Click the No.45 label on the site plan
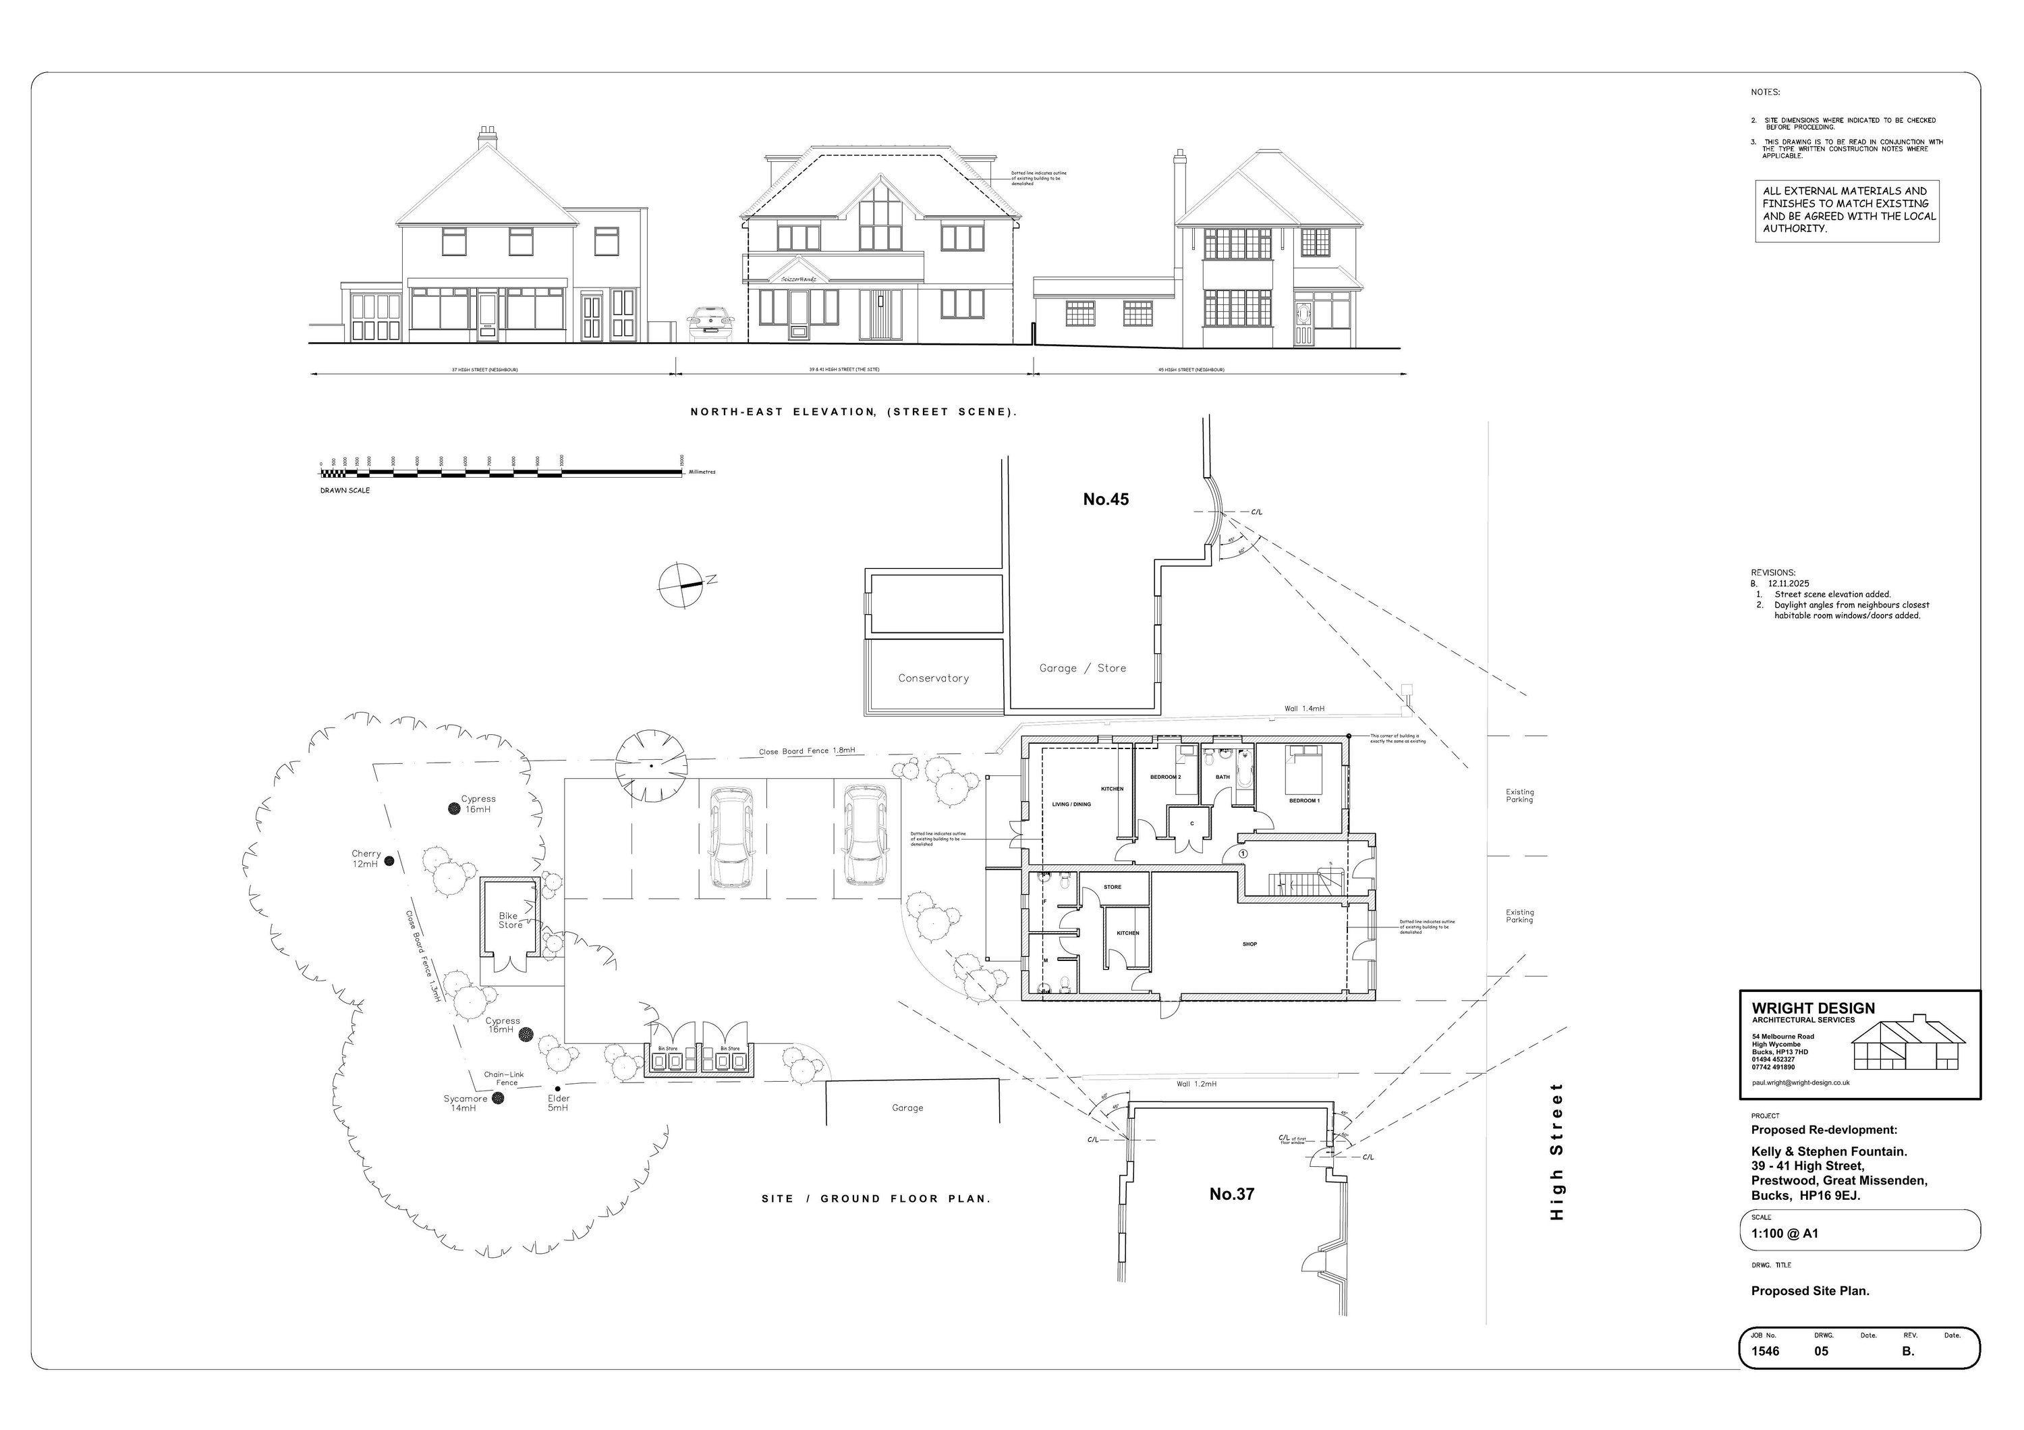(x=1106, y=499)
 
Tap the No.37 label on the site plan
(x=1231, y=1194)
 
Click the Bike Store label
(x=509, y=920)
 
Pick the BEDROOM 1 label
(x=1303, y=800)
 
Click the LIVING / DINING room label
(x=1071, y=804)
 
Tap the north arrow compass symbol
(x=682, y=584)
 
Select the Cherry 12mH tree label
(x=366, y=858)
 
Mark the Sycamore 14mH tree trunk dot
(x=497, y=1099)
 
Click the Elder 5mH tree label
(x=558, y=1103)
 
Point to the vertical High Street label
(x=1556, y=1151)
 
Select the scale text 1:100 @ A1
(x=1784, y=1234)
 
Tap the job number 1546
(x=1765, y=1350)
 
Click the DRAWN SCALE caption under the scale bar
(x=345, y=490)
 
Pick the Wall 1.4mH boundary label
(x=1303, y=709)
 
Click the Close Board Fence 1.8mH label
(x=807, y=751)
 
